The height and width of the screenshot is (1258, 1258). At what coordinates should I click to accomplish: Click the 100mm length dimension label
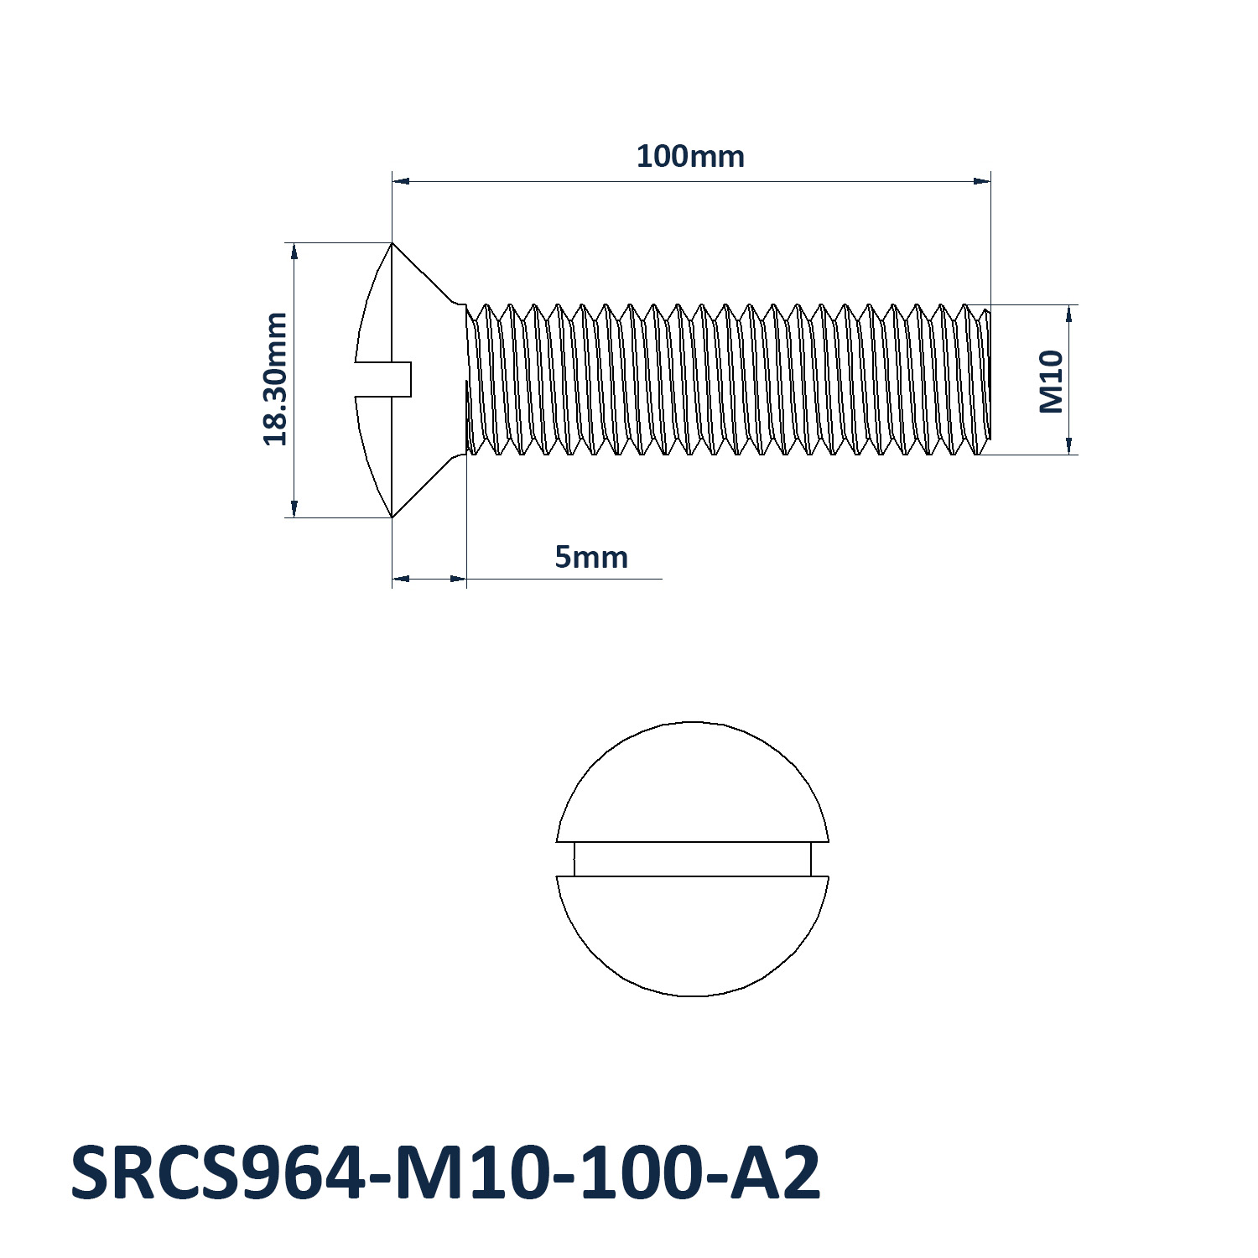(690, 157)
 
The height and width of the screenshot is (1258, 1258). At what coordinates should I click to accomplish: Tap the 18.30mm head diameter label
(275, 378)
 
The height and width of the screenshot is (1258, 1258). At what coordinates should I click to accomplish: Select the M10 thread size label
(1051, 382)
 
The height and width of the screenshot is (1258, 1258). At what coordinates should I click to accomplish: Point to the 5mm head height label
(591, 558)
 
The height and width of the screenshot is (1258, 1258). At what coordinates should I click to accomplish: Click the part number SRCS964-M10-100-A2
(445, 1173)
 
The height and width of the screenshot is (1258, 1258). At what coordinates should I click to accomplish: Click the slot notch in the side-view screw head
(384, 379)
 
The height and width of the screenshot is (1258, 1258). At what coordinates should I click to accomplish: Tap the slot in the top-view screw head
(693, 859)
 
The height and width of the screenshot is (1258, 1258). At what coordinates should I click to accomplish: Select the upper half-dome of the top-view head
(693, 784)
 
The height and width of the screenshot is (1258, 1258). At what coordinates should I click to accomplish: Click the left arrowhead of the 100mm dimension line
(401, 180)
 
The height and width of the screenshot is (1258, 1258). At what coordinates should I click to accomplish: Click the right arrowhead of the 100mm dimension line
(982, 180)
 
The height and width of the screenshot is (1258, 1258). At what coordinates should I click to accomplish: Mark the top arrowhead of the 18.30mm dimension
(294, 251)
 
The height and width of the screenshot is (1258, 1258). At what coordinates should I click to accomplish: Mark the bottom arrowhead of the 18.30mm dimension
(294, 509)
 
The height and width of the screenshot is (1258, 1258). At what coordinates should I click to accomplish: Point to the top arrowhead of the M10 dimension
(1069, 314)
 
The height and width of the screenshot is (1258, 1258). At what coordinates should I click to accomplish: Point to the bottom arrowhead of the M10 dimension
(1069, 446)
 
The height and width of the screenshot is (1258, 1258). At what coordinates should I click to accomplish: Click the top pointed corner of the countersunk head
(392, 244)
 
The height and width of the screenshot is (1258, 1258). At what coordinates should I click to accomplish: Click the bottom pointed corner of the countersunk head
(392, 517)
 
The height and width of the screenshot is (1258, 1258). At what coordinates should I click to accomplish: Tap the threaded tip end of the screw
(986, 380)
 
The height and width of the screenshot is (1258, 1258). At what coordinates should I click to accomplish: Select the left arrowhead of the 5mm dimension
(400, 578)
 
